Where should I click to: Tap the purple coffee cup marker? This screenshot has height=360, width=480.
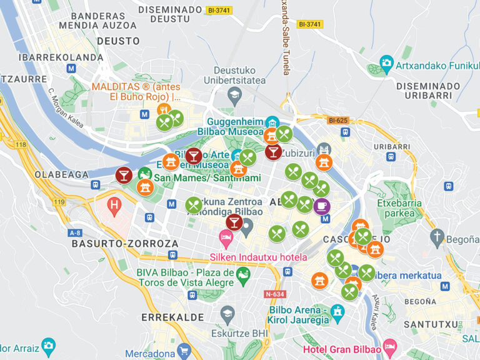coord(322,206)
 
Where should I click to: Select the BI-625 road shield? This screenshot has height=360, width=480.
coord(337,120)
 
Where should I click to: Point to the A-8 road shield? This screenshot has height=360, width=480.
coord(76,232)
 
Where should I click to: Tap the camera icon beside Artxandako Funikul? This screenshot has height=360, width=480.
coord(387,63)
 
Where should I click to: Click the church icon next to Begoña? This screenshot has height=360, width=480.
coord(437,237)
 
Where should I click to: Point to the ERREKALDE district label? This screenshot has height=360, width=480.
coord(172,317)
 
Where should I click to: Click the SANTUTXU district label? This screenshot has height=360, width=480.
coord(431,324)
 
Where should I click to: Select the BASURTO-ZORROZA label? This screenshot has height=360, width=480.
coord(125,243)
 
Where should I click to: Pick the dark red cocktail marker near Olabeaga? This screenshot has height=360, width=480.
coord(124,175)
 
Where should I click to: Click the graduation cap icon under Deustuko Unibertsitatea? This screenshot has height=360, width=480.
coord(234,96)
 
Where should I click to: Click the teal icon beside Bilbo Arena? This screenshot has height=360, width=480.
coord(337,311)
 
